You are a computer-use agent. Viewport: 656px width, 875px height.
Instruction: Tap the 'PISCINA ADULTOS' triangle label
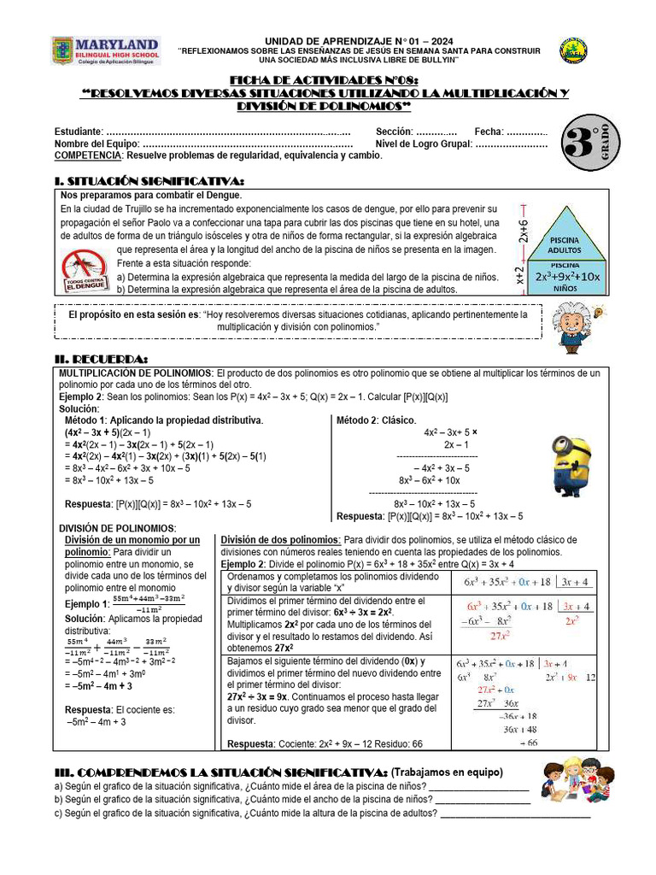(x=564, y=245)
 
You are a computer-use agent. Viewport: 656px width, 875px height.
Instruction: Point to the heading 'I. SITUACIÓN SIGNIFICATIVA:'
(x=149, y=181)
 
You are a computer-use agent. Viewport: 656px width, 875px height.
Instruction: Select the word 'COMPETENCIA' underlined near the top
(x=86, y=156)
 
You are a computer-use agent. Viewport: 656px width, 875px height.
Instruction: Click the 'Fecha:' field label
(x=489, y=132)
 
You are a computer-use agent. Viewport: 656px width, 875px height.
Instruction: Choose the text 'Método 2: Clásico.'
(x=376, y=420)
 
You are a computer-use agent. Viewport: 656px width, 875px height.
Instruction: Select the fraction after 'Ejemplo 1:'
(x=138, y=605)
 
